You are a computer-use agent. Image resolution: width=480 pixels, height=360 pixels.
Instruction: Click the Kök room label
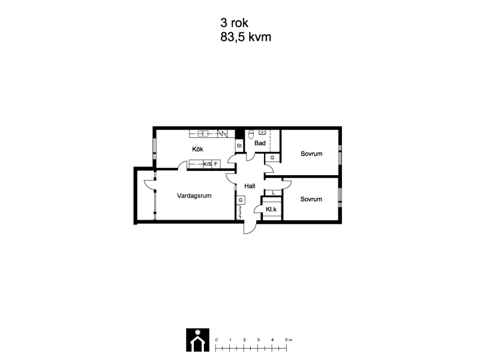click(197, 149)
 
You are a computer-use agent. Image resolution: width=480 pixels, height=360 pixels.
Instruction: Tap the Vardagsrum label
click(194, 196)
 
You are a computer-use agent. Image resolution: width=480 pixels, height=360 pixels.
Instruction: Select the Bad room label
click(260, 143)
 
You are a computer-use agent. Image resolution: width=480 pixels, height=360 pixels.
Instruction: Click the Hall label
click(250, 186)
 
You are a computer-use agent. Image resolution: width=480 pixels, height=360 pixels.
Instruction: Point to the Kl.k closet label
click(271, 209)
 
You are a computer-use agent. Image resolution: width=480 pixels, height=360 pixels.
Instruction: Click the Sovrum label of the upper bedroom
click(311, 154)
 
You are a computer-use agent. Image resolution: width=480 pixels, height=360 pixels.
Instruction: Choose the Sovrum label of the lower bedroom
click(311, 199)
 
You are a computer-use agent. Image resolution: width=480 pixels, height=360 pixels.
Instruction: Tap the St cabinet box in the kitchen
click(239, 146)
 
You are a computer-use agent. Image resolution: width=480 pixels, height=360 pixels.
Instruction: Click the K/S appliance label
click(207, 164)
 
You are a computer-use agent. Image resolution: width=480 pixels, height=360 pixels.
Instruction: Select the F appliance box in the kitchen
click(216, 164)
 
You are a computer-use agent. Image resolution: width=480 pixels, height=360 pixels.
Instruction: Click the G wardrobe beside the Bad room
click(272, 158)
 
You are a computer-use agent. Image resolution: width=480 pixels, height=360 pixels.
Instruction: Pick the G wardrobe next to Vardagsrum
click(241, 200)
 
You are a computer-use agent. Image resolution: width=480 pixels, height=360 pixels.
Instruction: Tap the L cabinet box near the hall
click(273, 193)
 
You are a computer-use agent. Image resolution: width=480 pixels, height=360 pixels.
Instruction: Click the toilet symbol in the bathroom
click(251, 134)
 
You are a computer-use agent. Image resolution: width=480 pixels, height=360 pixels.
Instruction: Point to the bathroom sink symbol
click(262, 133)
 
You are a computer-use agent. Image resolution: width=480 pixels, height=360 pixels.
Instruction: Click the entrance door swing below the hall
click(250, 227)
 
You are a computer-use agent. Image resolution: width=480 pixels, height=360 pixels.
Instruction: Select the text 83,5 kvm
click(246, 37)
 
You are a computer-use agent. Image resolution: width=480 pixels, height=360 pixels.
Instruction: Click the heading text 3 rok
click(234, 23)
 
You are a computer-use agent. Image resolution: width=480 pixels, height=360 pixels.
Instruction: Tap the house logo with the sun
click(198, 340)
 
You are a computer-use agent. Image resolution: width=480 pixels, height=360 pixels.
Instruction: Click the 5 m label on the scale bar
click(289, 340)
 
